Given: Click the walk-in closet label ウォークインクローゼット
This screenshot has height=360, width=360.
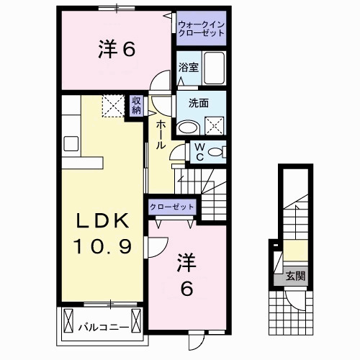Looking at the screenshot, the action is coord(201,29).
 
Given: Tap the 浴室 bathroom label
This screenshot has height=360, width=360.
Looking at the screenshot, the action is coord(189,68).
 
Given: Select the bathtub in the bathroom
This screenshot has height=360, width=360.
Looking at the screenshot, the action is coord(214,68).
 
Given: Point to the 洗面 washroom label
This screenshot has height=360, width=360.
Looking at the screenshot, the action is coord(199,103).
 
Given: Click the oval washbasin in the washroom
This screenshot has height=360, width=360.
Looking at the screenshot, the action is coord(189,128).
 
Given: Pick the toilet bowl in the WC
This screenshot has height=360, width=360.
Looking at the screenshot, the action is coord(216,152).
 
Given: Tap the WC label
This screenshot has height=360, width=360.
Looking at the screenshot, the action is coord(199,152).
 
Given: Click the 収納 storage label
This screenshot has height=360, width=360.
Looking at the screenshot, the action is coord(136,106).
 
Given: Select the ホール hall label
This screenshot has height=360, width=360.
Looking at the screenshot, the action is coord(161,135).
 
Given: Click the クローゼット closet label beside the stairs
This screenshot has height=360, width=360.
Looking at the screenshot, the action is coord(171,207).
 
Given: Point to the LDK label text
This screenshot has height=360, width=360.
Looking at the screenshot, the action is coord(102,221).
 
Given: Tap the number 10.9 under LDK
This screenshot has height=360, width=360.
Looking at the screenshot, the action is coord(103,246).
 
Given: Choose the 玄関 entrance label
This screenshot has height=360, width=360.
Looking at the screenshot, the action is coord(295,276).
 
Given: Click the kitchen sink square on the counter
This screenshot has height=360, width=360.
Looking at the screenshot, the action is coord(71,143).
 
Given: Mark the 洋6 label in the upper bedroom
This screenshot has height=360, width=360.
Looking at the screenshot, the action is coord(117,49).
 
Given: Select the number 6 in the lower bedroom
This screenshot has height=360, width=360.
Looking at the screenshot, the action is coord(186,289).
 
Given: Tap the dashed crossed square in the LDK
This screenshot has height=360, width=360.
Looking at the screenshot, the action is coord(113,106).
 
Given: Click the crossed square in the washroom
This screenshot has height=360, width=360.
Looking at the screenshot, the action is coord(215,126).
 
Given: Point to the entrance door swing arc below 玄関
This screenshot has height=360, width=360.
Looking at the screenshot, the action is coord(296,304).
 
